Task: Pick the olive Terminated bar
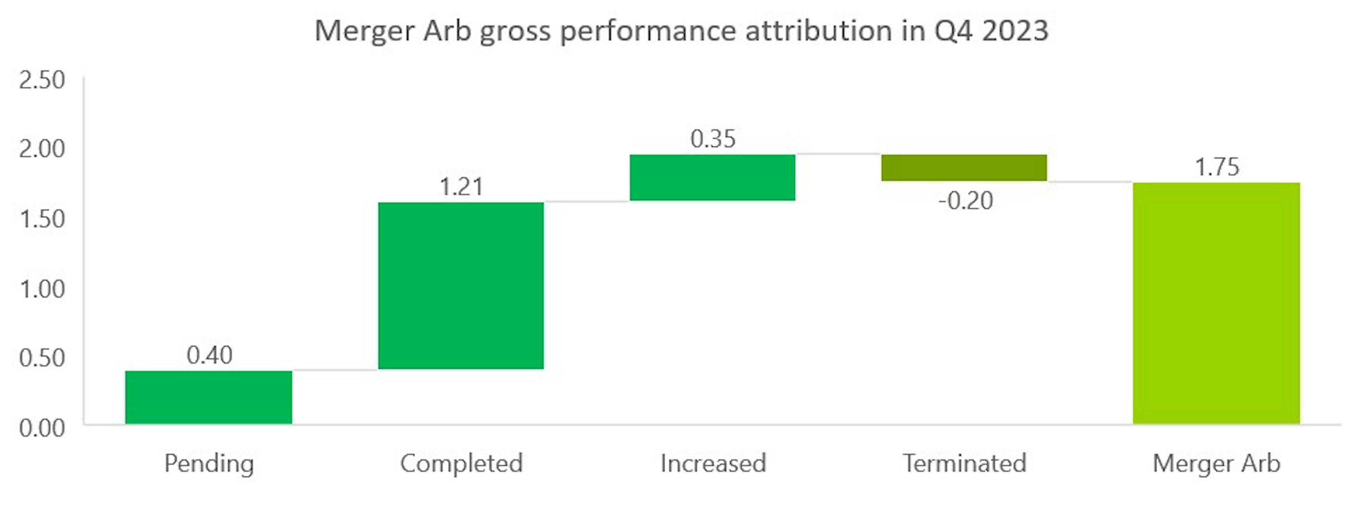964,167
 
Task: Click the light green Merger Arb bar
1216,303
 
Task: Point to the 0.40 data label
209,355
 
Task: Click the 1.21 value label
461,187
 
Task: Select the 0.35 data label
713,139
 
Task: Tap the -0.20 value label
966,201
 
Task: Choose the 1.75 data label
1217,167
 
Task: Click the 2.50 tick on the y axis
42,80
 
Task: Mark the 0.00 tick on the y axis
42,428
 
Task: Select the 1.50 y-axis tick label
42,219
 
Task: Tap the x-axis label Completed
461,463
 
